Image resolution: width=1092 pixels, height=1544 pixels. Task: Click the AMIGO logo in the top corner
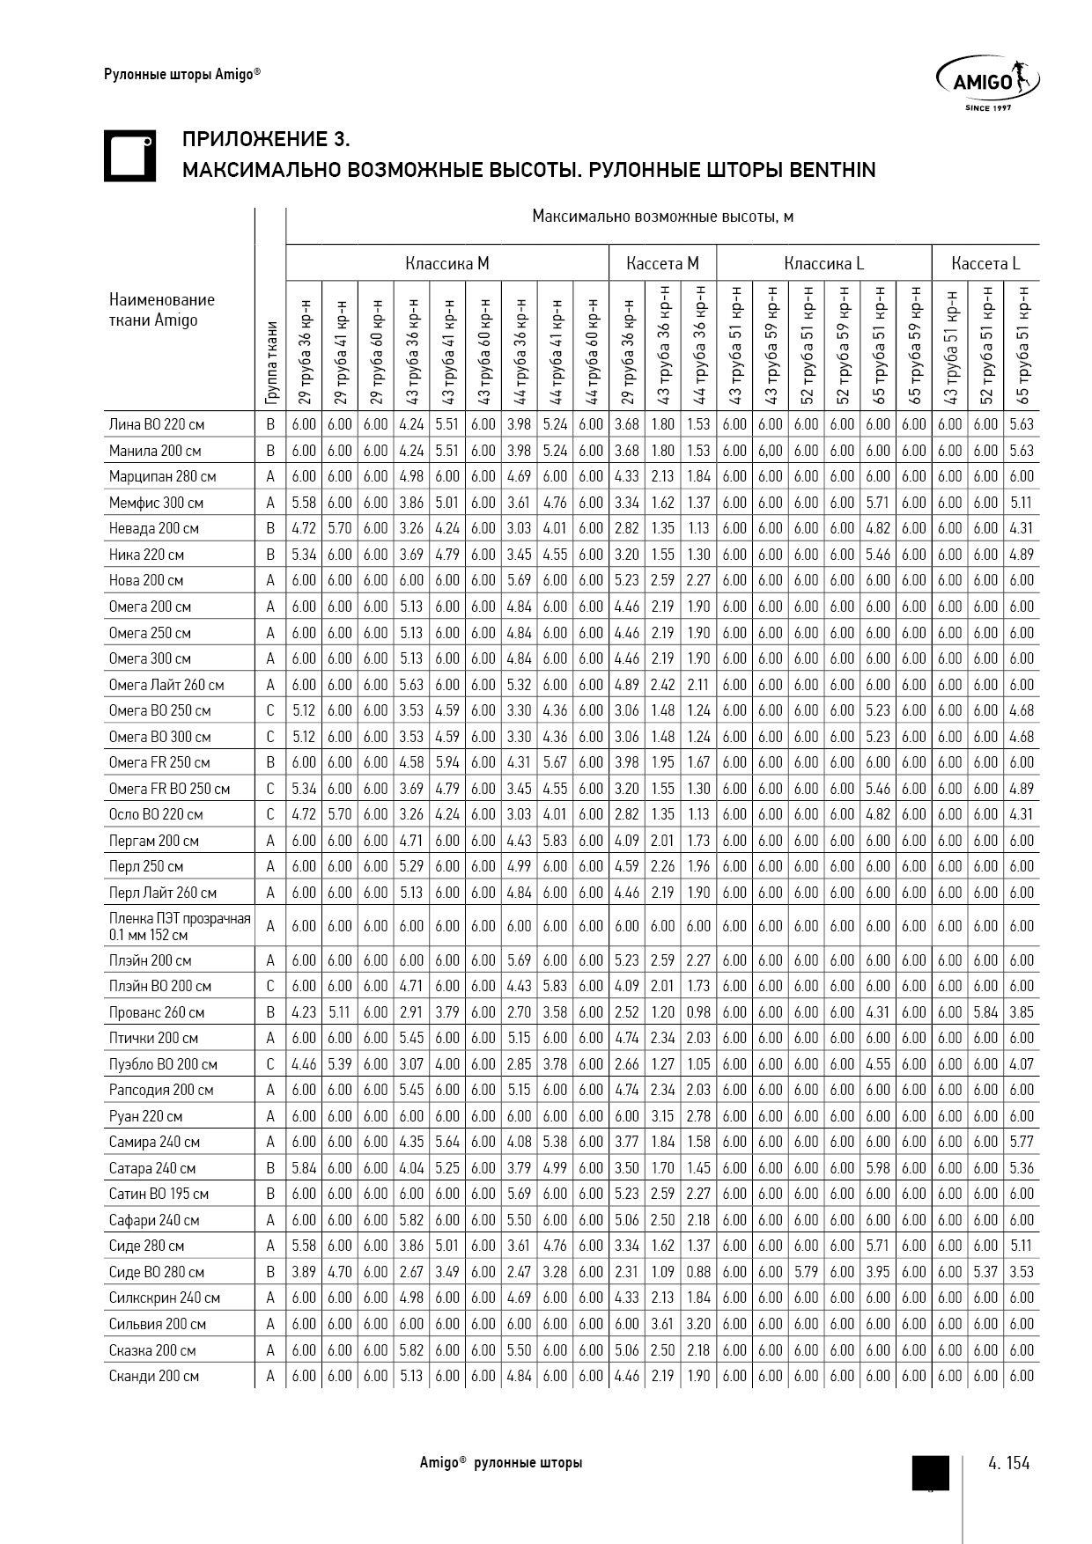(987, 83)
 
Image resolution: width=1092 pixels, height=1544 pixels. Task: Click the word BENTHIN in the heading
(832, 170)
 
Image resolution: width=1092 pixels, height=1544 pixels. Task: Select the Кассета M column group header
(662, 263)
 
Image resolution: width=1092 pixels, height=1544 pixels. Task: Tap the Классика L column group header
(823, 263)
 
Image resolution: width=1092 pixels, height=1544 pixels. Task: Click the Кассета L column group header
(985, 263)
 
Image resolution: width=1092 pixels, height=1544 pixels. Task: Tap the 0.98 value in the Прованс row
(698, 1012)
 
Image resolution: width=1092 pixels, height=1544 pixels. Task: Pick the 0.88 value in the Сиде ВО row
(698, 1272)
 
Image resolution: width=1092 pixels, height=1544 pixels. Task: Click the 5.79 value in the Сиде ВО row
(806, 1272)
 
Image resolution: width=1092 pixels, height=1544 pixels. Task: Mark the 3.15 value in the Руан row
(662, 1116)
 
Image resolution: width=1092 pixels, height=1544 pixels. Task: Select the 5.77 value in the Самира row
(1022, 1142)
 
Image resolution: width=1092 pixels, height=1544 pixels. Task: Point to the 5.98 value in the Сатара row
(878, 1168)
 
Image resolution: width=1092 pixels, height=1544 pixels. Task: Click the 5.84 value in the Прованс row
(985, 1012)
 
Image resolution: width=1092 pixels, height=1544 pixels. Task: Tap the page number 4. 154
(1008, 1463)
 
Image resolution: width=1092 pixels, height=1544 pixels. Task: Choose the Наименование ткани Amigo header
(161, 310)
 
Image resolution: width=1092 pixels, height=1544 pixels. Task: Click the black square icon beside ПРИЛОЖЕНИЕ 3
(129, 156)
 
